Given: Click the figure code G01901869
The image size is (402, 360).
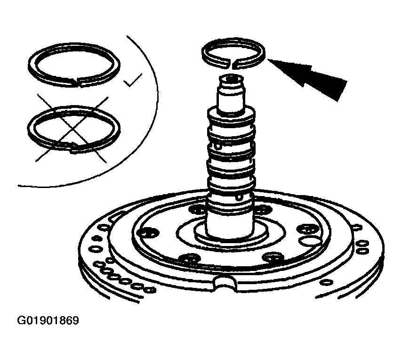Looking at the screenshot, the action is [x=48, y=320].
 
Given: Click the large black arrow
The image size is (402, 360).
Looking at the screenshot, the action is [x=308, y=76].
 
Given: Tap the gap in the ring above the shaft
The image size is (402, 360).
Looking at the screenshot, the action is [x=232, y=64].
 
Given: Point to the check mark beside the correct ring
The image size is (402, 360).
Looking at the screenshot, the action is [x=132, y=80].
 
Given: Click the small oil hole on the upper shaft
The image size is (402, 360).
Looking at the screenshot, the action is [x=218, y=147].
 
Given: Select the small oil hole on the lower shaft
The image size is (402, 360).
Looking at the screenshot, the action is [x=239, y=197].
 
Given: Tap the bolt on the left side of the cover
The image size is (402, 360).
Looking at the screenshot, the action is [x=148, y=233].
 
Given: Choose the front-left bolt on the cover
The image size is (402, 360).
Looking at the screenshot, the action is [x=188, y=258].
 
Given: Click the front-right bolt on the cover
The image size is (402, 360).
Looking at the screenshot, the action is [x=273, y=257].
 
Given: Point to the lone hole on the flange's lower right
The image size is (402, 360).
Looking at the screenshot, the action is [x=326, y=282].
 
